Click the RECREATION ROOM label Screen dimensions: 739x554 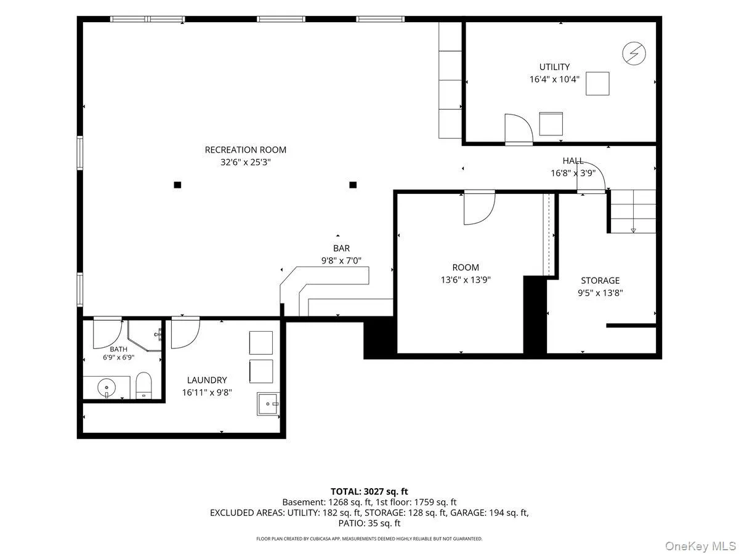[x=246, y=150]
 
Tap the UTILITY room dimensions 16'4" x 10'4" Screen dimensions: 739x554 [x=554, y=79]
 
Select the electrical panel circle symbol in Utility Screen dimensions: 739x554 [x=634, y=53]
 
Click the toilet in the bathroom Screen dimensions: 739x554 [x=143, y=385]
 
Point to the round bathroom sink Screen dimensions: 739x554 [x=107, y=388]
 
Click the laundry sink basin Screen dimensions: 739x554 [x=268, y=404]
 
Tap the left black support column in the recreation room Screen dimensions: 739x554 [x=177, y=185]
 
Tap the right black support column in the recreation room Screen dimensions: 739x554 [x=353, y=185]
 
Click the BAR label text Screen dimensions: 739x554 [x=341, y=248]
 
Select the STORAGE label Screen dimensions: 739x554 [x=600, y=281]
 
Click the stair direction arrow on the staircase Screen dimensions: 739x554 [x=633, y=231]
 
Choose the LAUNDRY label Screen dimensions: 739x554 [x=207, y=380]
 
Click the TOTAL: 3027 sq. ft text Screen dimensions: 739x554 [x=369, y=491]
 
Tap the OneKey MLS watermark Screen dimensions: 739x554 [x=700, y=545]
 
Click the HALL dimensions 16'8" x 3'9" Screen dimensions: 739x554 [x=573, y=173]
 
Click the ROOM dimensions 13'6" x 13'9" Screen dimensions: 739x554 [x=466, y=280]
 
